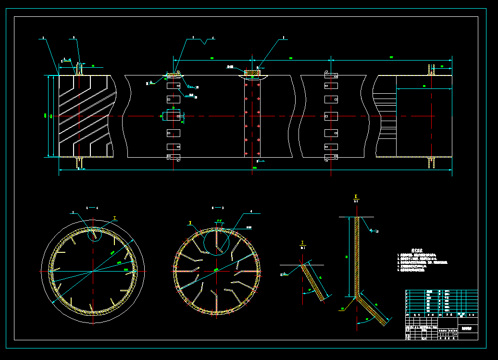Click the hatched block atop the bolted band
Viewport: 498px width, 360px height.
click(x=252, y=73)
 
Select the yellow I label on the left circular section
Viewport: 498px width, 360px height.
click(x=115, y=218)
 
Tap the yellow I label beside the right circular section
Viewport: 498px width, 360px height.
click(x=190, y=223)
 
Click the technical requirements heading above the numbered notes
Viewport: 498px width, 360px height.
click(x=417, y=250)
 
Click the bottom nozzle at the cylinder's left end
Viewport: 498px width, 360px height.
click(x=79, y=162)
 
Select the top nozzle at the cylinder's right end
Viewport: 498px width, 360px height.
click(x=431, y=70)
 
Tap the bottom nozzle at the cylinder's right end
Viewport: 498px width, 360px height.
click(x=432, y=162)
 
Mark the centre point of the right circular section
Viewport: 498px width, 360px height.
click(x=216, y=271)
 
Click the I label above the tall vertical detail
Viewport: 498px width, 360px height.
click(x=356, y=197)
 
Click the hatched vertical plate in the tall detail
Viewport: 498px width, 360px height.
click(x=357, y=255)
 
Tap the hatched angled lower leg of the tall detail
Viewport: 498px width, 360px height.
click(x=373, y=310)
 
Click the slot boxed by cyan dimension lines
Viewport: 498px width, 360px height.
click(x=173, y=116)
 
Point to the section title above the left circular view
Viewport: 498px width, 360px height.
click(x=92, y=208)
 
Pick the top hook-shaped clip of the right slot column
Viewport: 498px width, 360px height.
click(x=331, y=74)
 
